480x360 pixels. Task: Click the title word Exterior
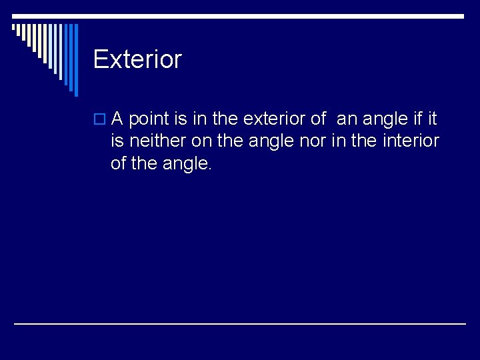pyautogui.click(x=137, y=59)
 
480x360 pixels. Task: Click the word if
pyautogui.click(x=417, y=119)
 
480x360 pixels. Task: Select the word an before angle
pyautogui.click(x=347, y=119)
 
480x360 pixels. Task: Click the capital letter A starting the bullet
pyautogui.click(x=117, y=119)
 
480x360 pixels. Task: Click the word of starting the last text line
pyautogui.click(x=119, y=163)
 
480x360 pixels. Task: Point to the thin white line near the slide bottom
pyautogui.click(x=240, y=324)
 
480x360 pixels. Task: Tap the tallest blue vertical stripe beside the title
pyautogui.click(x=75, y=60)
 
